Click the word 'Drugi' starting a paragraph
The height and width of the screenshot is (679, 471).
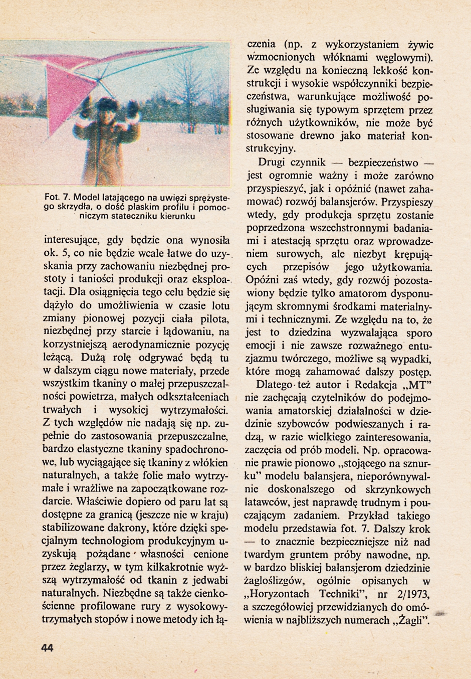click(x=272, y=162)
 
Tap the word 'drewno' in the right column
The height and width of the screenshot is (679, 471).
click(x=324, y=135)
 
